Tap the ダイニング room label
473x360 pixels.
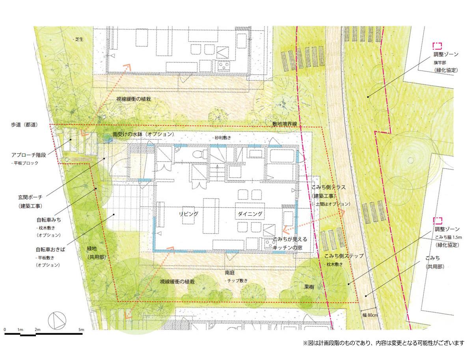[250, 213]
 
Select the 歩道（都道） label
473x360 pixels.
[24, 125]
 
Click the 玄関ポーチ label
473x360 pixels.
[30, 196]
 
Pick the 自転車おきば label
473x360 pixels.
[50, 250]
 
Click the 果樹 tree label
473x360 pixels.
[309, 287]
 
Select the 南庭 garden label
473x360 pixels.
[230, 272]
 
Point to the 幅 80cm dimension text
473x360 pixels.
[369, 315]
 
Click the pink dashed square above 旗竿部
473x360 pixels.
[437, 45]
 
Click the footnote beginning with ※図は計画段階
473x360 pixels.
[383, 343]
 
